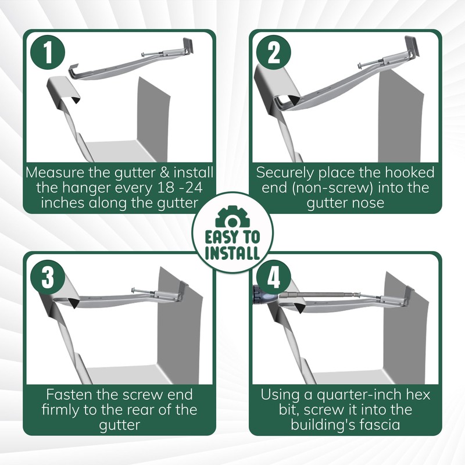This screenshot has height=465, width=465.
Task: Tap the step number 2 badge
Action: [275, 53]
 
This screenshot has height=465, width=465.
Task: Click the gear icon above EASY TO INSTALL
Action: [233, 217]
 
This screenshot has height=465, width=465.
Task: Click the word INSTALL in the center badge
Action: [233, 253]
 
